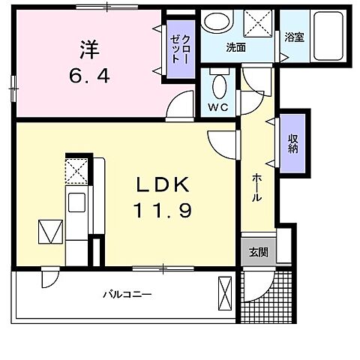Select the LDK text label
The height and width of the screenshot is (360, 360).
point(165,185)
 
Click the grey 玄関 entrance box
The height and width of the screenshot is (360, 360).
point(259,253)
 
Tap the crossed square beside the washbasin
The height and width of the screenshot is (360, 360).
point(258,24)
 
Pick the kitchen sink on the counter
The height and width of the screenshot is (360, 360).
point(77,202)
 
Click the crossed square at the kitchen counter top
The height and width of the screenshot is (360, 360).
point(77,170)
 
